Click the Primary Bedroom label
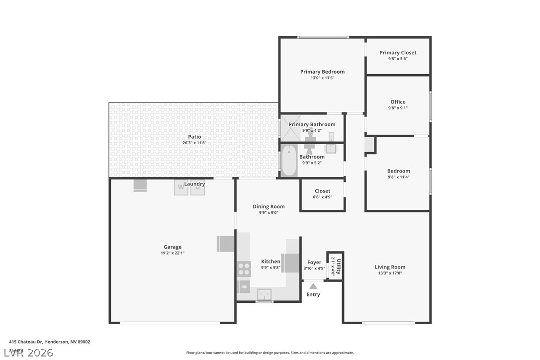[322, 72]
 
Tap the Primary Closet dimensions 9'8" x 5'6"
[398, 59]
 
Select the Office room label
[398, 102]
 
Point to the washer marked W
[181, 187]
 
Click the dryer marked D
[197, 187]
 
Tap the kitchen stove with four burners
[244, 269]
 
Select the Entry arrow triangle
[313, 286]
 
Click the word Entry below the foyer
[313, 294]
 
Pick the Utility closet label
[339, 267]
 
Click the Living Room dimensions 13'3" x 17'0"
[390, 273]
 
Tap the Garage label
[173, 247]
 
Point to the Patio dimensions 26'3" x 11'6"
[194, 143]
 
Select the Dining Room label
[269, 206]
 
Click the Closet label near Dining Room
[322, 191]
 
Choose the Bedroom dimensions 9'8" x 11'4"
[399, 177]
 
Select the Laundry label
[194, 184]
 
